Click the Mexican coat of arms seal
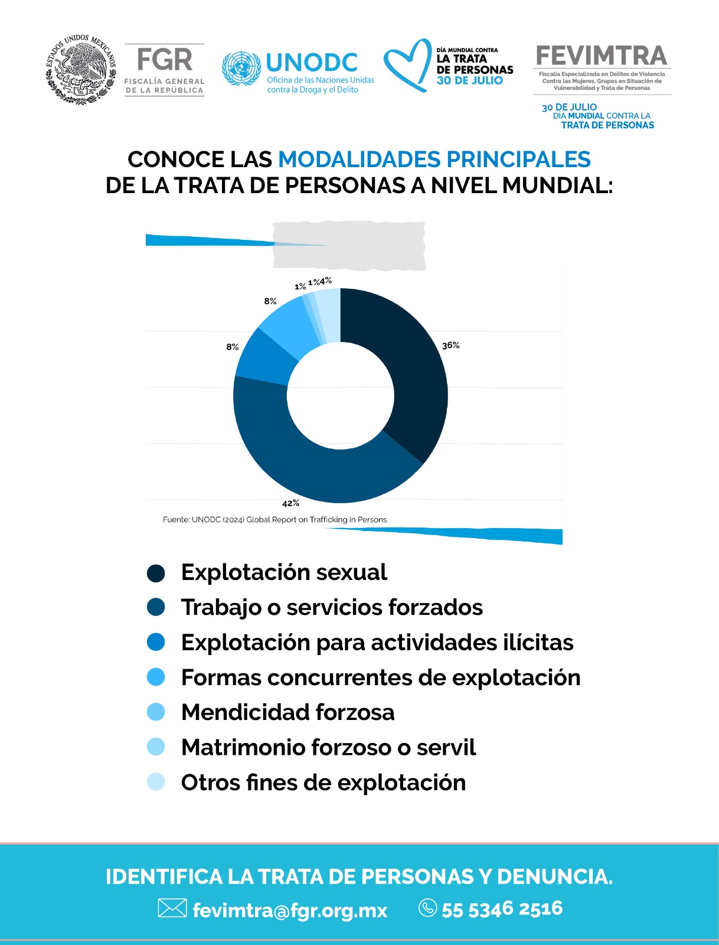point(81,69)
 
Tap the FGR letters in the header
point(164,60)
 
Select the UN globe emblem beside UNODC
point(241,69)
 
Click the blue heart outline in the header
point(407,65)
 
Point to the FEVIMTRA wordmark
point(602,56)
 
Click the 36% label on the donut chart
point(450,346)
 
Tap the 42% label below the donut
point(290,503)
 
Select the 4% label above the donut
point(326,281)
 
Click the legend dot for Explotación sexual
point(156,573)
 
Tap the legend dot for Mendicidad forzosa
point(156,712)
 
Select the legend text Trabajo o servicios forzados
point(332,608)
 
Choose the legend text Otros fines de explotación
point(323,782)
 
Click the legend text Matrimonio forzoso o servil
point(328,747)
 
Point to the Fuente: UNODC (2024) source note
point(275,520)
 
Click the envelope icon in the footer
point(172,908)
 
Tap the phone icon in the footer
point(428,908)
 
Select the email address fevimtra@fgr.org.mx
point(290,910)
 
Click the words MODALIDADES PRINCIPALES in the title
point(434,159)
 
